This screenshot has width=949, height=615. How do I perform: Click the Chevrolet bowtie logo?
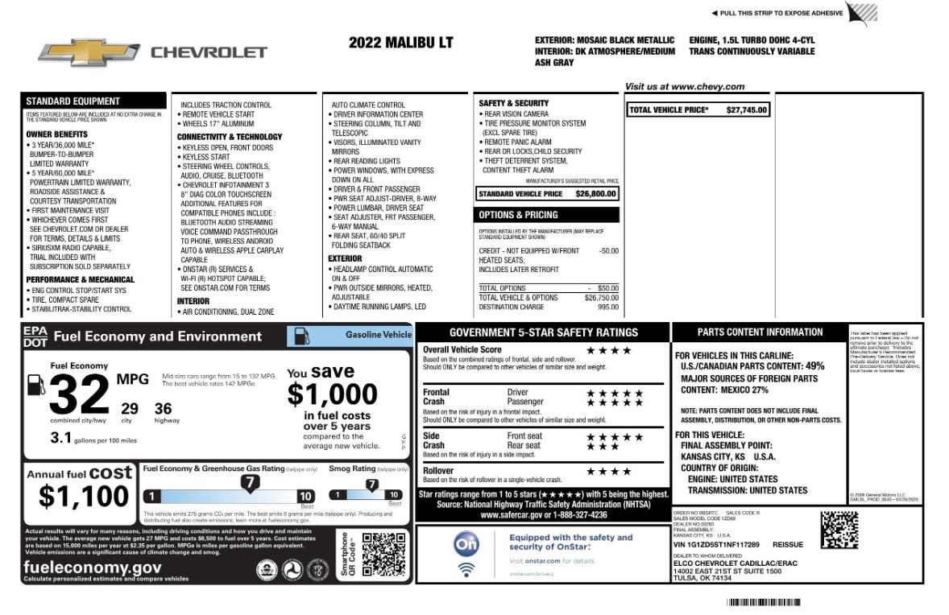click(x=87, y=52)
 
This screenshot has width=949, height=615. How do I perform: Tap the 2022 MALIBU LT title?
click(x=400, y=43)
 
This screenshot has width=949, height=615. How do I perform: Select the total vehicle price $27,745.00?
click(x=747, y=109)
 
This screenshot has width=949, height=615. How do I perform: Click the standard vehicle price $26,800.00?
click(x=596, y=194)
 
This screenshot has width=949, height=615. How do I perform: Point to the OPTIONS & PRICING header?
click(x=518, y=215)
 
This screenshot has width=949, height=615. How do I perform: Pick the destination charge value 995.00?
click(x=607, y=307)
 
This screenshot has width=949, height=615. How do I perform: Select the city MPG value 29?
click(x=129, y=409)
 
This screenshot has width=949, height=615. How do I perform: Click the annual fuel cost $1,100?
click(x=83, y=497)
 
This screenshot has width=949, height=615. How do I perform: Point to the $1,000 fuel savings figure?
click(x=332, y=394)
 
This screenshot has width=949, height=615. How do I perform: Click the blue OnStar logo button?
click(x=466, y=545)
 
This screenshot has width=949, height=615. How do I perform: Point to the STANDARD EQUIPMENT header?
click(x=73, y=101)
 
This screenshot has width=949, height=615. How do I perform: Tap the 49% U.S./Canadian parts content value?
click(x=814, y=365)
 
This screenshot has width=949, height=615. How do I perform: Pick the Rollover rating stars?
click(x=608, y=471)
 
